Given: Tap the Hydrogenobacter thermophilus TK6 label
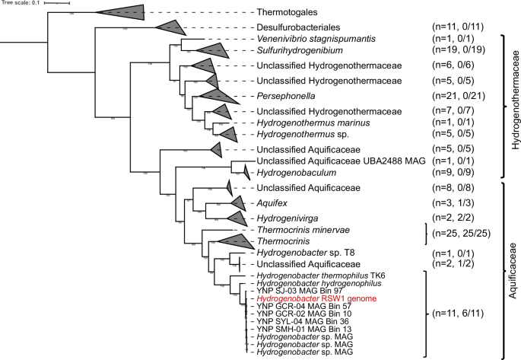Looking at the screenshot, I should click(312, 276).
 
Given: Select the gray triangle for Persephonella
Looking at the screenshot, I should click(210, 96).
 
